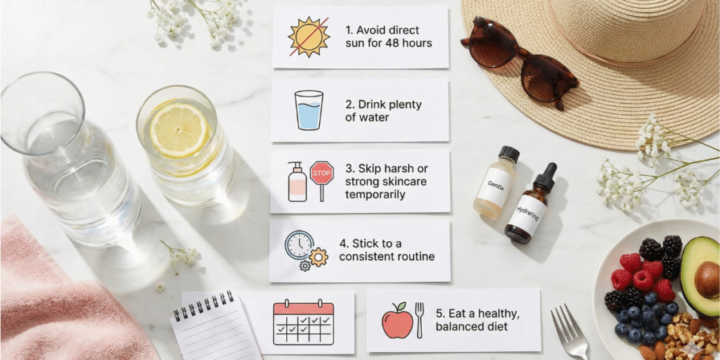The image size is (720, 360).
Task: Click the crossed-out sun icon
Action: click(309, 37)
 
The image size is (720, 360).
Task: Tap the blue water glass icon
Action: click(309, 110)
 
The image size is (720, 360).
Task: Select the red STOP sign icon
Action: click(322, 180)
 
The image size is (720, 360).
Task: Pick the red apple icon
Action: click(397, 321)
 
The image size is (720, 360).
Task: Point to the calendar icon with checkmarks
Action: click(304, 322)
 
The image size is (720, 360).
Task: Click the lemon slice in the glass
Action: click(178, 130)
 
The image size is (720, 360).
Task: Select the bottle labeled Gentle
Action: click(496, 182)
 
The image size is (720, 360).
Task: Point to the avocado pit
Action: click(707, 274)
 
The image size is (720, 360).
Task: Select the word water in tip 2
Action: click(373, 117)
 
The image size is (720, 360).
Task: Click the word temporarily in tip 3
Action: click(375, 195)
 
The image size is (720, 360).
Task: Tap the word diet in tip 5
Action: click(497, 327)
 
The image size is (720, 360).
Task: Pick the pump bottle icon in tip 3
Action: click(297, 181)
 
